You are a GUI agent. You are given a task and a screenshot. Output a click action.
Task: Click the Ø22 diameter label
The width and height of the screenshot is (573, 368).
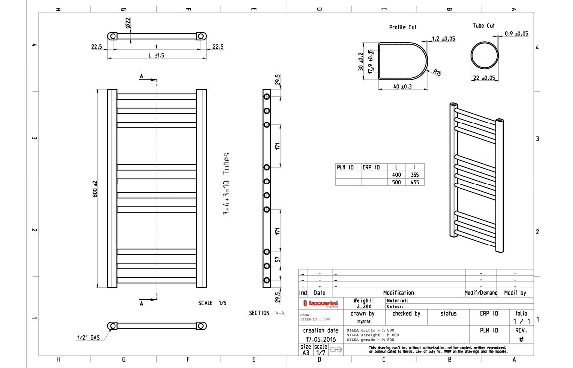[x=128, y=22]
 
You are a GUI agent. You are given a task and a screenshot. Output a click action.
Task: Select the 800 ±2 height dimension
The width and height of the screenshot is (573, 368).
[x=95, y=189]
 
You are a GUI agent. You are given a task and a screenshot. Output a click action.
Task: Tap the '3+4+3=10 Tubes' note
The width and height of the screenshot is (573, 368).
[x=226, y=184]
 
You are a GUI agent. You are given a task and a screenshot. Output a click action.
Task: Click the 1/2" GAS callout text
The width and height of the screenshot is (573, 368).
[x=88, y=338]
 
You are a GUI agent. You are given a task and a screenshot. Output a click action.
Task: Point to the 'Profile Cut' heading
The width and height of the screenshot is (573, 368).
[x=402, y=27]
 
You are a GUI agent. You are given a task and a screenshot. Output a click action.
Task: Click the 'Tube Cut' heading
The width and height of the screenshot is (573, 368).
[x=483, y=25]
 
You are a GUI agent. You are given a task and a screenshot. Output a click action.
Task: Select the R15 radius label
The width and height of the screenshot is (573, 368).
[x=437, y=72]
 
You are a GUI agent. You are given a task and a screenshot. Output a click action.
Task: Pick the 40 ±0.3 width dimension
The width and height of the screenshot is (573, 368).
[x=403, y=87]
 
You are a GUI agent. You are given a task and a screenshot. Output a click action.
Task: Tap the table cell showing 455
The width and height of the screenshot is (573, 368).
[x=414, y=182]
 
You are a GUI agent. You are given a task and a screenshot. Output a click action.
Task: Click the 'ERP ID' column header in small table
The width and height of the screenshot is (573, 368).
[x=371, y=167]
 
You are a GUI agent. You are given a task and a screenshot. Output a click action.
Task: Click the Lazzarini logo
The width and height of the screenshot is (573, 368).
[x=320, y=303]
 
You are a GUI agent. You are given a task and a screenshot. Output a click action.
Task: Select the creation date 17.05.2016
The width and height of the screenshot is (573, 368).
[x=320, y=339]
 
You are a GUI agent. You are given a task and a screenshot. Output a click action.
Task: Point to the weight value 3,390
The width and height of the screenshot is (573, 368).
[x=364, y=307]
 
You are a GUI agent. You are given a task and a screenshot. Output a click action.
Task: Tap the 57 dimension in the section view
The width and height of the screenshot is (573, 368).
[x=278, y=258]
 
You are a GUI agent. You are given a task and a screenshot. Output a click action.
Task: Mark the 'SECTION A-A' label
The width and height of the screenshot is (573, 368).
[x=267, y=313]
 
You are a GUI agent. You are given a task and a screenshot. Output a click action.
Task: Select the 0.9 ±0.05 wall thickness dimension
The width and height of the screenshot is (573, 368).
[x=516, y=33]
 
